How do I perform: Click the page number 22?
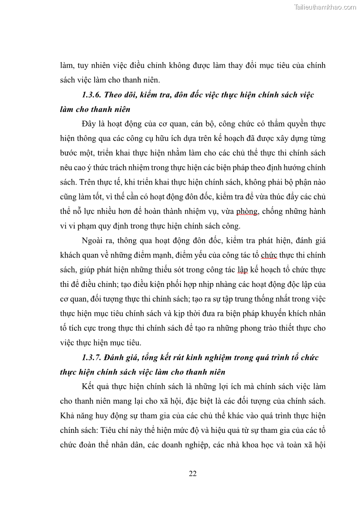click(192, 474)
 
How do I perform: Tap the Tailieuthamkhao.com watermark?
click(325, 7)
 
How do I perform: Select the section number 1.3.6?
click(92, 95)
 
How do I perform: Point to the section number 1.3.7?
click(92, 357)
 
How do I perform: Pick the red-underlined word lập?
click(243, 270)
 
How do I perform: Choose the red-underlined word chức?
click(269, 255)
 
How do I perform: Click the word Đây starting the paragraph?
click(89, 124)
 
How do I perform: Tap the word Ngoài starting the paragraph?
click(93, 240)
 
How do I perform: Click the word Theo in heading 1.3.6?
click(115, 95)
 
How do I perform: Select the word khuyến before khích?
click(282, 313)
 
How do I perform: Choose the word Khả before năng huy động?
click(68, 416)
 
